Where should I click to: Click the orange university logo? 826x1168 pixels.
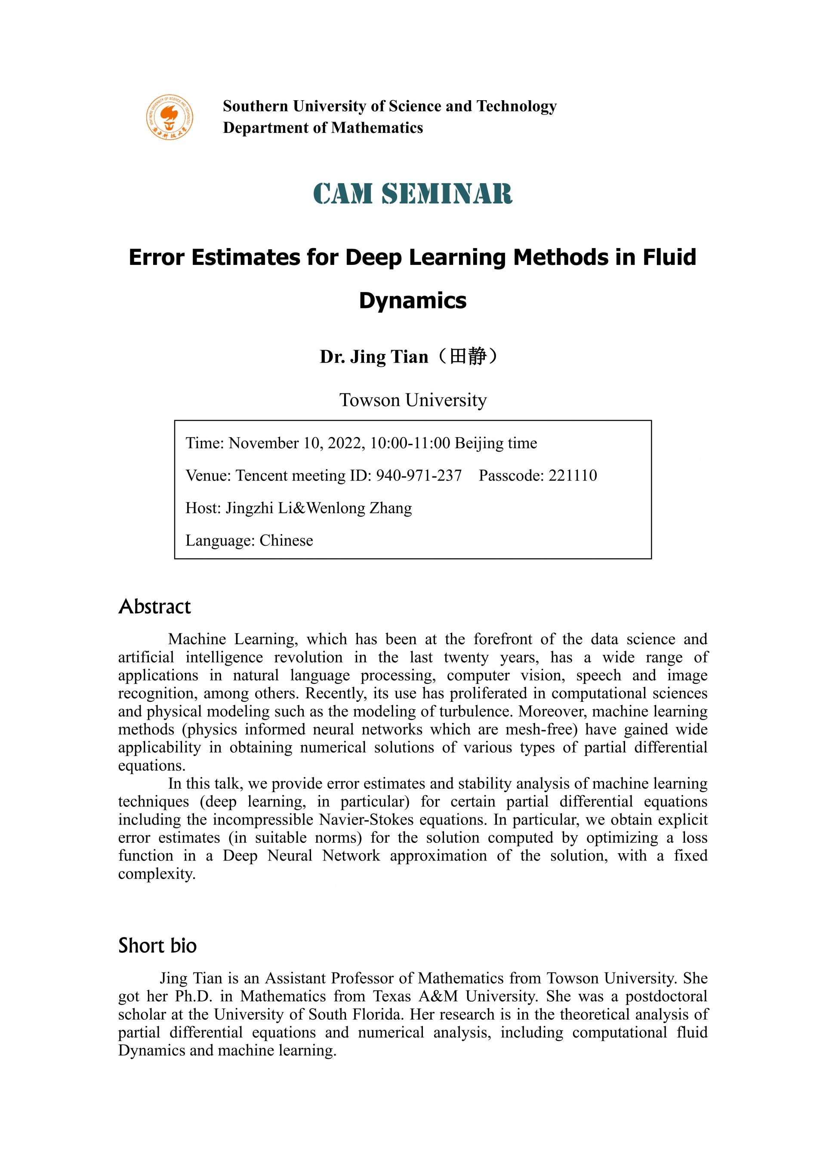tap(170, 117)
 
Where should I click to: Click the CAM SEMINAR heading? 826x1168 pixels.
tap(413, 194)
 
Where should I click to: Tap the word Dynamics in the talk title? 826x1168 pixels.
tap(413, 301)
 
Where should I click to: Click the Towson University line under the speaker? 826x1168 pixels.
tap(413, 400)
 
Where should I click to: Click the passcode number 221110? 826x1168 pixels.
tap(573, 476)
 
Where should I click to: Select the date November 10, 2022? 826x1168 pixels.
tap(297, 443)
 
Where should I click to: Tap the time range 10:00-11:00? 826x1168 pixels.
tap(410, 443)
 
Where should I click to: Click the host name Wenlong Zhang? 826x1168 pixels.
tap(359, 508)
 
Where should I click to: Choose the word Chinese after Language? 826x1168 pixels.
tap(286, 540)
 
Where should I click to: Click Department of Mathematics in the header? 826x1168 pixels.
tap(323, 128)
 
